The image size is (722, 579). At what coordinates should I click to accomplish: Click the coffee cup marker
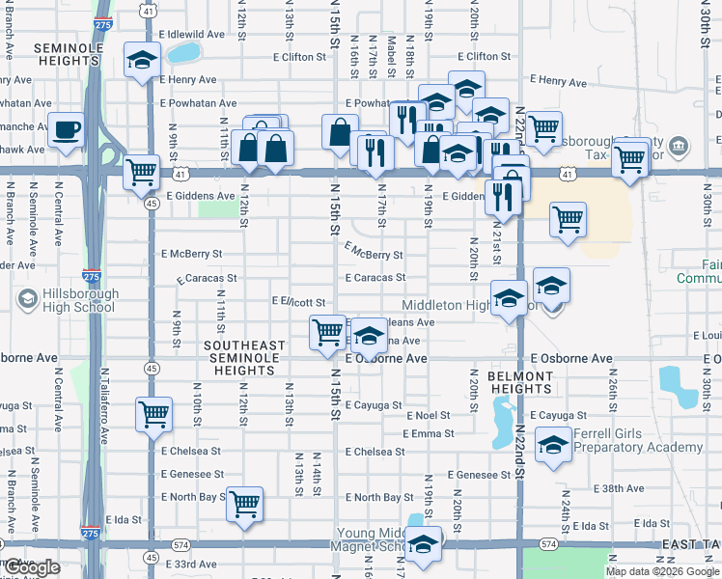click(x=66, y=129)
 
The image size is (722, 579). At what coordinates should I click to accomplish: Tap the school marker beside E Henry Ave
click(x=143, y=61)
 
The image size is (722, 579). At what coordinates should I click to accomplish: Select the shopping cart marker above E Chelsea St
click(x=154, y=416)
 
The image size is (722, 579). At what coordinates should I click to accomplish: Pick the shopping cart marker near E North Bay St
click(x=245, y=504)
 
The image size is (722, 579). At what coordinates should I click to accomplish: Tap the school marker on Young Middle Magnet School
click(x=424, y=545)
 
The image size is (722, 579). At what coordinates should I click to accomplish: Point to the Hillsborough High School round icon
click(x=26, y=300)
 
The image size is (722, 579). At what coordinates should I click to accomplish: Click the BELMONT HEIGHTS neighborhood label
click(x=519, y=382)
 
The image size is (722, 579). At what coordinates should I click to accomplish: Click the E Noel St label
click(x=429, y=415)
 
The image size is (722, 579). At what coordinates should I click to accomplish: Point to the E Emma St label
click(x=428, y=433)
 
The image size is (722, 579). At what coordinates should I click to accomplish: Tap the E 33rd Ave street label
click(x=191, y=564)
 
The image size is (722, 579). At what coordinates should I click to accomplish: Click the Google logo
click(x=33, y=567)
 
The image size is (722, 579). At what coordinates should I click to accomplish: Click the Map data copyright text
click(x=660, y=571)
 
